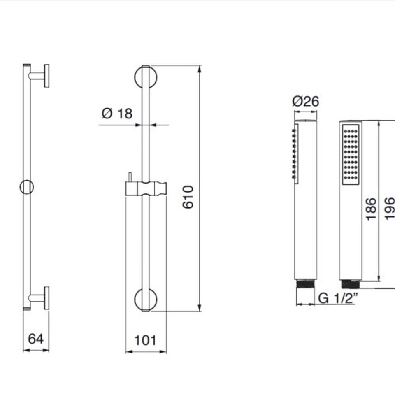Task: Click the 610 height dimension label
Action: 188,197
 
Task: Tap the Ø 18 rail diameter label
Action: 117,114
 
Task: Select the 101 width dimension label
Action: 145,340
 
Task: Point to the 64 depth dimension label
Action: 36,339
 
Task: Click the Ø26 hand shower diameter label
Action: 306,102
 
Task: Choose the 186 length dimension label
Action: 371,209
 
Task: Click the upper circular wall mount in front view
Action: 146,77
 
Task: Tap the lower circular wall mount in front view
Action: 146,300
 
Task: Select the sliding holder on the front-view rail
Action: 146,188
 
